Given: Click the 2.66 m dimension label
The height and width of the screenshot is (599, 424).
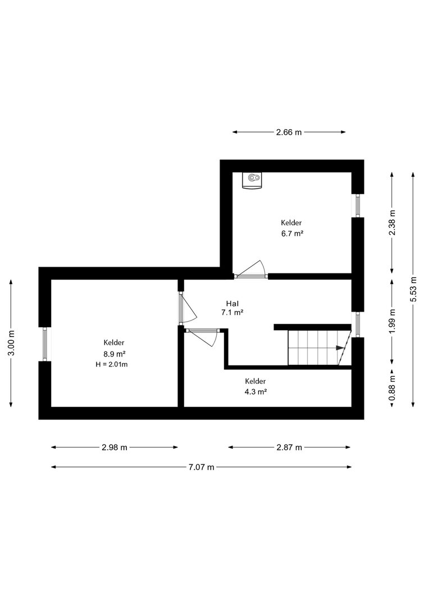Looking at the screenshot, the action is [289, 132].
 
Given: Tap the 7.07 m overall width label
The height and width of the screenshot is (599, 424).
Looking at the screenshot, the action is [201, 467].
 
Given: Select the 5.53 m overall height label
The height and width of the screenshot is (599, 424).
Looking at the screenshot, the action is [413, 289].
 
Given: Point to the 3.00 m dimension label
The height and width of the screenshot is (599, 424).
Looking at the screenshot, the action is [11, 342].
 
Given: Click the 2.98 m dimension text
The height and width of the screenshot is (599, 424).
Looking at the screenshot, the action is [115, 447].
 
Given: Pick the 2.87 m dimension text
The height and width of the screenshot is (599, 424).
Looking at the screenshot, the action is [289, 447].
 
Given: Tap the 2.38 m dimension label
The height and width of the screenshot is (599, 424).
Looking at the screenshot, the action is [392, 223].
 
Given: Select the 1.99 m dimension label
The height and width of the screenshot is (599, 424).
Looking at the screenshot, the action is [392, 321].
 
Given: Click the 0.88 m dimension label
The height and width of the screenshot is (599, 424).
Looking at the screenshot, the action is [392, 388].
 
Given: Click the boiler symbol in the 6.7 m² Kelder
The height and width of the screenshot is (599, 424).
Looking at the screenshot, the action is [252, 180].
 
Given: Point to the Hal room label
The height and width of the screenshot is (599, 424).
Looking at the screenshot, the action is [232, 304].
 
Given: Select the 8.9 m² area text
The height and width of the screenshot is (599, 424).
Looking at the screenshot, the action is [115, 353].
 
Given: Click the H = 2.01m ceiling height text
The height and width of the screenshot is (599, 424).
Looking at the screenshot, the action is [112, 364].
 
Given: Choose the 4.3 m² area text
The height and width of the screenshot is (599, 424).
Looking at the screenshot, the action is [256, 391].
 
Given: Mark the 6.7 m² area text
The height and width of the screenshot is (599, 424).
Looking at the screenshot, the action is [292, 234].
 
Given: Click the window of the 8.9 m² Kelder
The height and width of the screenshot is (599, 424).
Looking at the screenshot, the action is [45, 344].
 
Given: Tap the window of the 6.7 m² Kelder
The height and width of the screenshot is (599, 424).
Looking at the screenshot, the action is [358, 205].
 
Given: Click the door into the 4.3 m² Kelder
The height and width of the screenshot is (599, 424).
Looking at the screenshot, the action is [202, 336].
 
